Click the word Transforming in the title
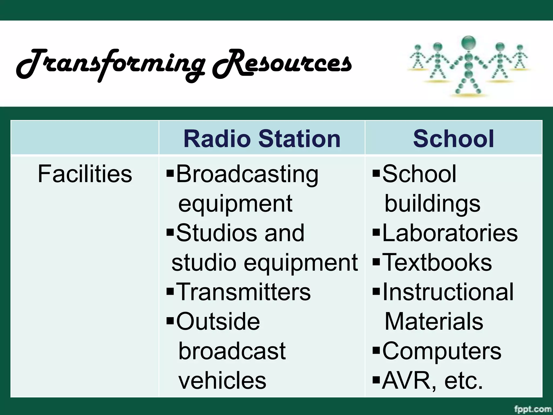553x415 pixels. [111, 64]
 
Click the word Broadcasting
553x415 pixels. [247, 174]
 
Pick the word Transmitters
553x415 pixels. [243, 292]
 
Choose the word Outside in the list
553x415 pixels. [218, 321]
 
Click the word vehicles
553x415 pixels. [222, 380]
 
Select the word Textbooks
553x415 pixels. [437, 262]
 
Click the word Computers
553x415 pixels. [442, 351]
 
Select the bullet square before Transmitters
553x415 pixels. [170, 292]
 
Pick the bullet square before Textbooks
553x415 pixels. [376, 262]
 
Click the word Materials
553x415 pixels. [434, 321]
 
